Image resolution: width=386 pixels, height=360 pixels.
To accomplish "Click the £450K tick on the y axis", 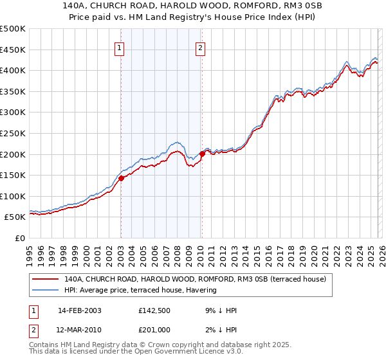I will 13,50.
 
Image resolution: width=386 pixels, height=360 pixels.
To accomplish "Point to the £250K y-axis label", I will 13,133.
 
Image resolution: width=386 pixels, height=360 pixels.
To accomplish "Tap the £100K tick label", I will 13,196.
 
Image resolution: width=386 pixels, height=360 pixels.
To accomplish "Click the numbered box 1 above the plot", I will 120,47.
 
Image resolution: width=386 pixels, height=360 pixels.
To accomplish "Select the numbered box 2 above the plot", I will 201,47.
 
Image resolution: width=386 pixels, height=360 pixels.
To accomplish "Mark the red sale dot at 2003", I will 121,179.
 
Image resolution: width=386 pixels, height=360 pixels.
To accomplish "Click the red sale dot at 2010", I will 201,154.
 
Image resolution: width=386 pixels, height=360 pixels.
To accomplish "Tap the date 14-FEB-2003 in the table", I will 79,310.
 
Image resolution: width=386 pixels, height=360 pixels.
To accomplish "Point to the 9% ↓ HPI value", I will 218,310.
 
